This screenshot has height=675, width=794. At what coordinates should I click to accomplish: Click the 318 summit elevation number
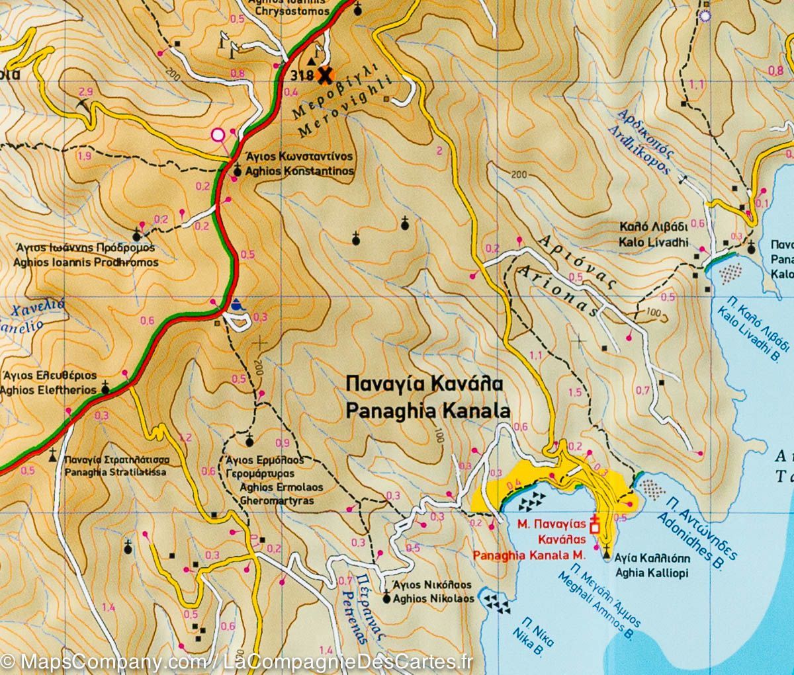(x=301, y=75)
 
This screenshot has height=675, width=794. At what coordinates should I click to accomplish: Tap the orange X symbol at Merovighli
(x=324, y=75)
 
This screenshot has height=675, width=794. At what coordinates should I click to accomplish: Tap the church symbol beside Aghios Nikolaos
(x=387, y=599)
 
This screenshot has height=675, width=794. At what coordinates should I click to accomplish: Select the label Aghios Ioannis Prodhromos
(x=86, y=262)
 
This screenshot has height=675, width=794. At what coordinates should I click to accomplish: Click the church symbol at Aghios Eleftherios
(x=105, y=389)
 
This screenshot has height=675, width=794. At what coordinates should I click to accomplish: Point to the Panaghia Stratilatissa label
(x=116, y=473)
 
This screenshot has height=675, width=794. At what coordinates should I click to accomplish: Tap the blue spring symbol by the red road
(x=237, y=306)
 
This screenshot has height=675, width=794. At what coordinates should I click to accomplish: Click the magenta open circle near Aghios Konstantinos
(x=218, y=136)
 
